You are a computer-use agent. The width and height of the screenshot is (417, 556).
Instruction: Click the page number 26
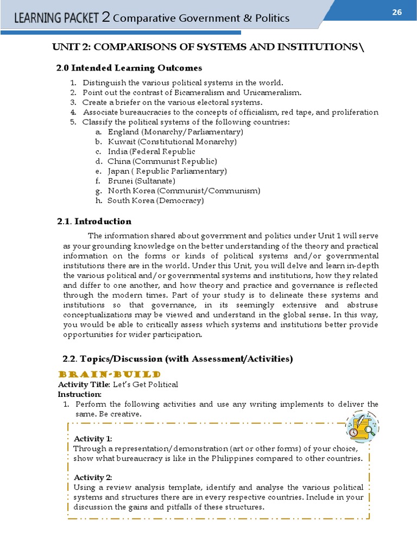click(x=395, y=12)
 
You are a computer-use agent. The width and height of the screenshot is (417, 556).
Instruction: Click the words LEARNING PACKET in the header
click(x=56, y=18)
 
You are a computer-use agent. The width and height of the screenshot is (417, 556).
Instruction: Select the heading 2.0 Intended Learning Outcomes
click(x=129, y=68)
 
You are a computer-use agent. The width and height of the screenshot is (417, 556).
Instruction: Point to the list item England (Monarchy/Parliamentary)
click(x=175, y=132)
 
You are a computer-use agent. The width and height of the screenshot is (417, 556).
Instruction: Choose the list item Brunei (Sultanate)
click(x=141, y=181)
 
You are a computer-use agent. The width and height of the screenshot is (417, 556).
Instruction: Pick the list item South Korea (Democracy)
click(x=155, y=200)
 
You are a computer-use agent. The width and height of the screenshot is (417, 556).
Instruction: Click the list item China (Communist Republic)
click(x=162, y=161)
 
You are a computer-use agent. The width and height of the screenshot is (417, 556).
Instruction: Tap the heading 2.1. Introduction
click(x=94, y=221)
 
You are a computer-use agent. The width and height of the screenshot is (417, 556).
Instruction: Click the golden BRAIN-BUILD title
click(x=109, y=375)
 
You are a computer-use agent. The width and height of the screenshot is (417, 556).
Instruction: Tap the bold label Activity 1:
click(x=93, y=438)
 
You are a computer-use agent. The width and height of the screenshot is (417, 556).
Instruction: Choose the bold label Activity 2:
click(x=93, y=477)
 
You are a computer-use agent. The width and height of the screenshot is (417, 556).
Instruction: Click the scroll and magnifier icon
click(x=362, y=426)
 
